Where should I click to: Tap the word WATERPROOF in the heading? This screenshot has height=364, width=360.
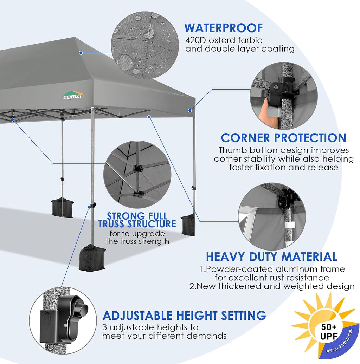(224, 28)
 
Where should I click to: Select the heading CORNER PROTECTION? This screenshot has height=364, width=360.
(284, 138)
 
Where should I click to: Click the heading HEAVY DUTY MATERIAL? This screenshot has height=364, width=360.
(272, 257)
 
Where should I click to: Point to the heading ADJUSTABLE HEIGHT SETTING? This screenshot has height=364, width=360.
(184, 316)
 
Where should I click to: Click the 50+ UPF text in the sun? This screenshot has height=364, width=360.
(329, 332)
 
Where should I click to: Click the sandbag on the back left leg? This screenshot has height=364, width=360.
(62, 208)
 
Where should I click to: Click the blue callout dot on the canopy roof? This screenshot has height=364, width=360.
(81, 53)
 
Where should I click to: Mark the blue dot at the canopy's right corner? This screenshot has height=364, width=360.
(190, 110)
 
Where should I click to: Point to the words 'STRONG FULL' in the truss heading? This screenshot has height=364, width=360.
(137, 216)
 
